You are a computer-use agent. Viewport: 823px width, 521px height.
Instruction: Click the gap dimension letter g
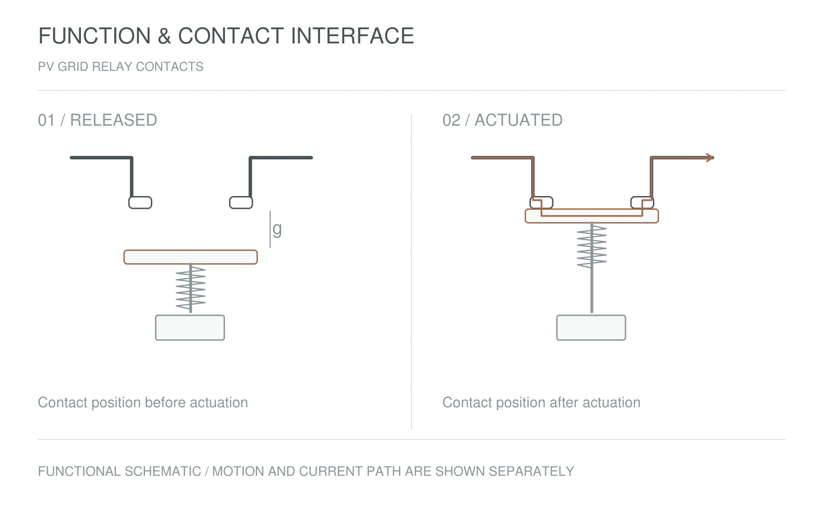277,229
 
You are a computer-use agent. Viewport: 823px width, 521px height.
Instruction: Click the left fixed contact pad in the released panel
140,202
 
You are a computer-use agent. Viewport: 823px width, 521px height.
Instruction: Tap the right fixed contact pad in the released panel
241,202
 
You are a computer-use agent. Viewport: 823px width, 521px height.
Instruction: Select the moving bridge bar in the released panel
191,257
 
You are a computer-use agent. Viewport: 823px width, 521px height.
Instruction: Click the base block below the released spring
190,328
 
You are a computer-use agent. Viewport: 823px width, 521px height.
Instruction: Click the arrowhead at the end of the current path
710,158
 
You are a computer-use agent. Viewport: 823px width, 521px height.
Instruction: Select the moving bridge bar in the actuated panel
592,216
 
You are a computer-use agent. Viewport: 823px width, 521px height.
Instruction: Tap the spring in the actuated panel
592,247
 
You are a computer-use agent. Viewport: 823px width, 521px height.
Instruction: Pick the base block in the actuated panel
591,328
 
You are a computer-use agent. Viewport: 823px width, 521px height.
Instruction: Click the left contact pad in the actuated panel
541,202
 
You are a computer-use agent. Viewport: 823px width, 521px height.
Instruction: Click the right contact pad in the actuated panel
642,202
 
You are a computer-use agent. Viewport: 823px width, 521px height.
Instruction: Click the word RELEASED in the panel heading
113,120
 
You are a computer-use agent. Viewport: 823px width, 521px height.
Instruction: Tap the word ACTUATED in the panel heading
518,120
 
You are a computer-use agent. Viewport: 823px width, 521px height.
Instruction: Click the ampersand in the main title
164,36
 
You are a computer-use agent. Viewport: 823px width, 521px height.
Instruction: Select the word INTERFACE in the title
352,36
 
